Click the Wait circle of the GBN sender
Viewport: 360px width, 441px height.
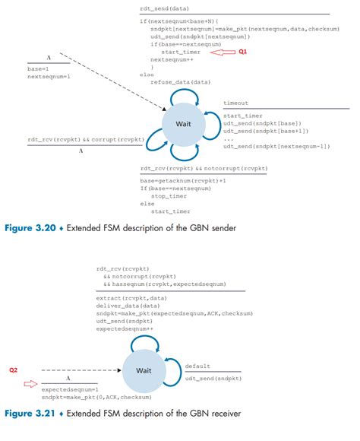click(184, 124)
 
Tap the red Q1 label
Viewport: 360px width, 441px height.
click(243, 52)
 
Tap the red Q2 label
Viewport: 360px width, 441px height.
click(14, 370)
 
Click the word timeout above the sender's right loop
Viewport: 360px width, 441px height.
click(235, 103)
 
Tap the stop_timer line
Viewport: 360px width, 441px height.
click(169, 195)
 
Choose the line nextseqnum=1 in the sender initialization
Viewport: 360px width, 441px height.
click(48, 77)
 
